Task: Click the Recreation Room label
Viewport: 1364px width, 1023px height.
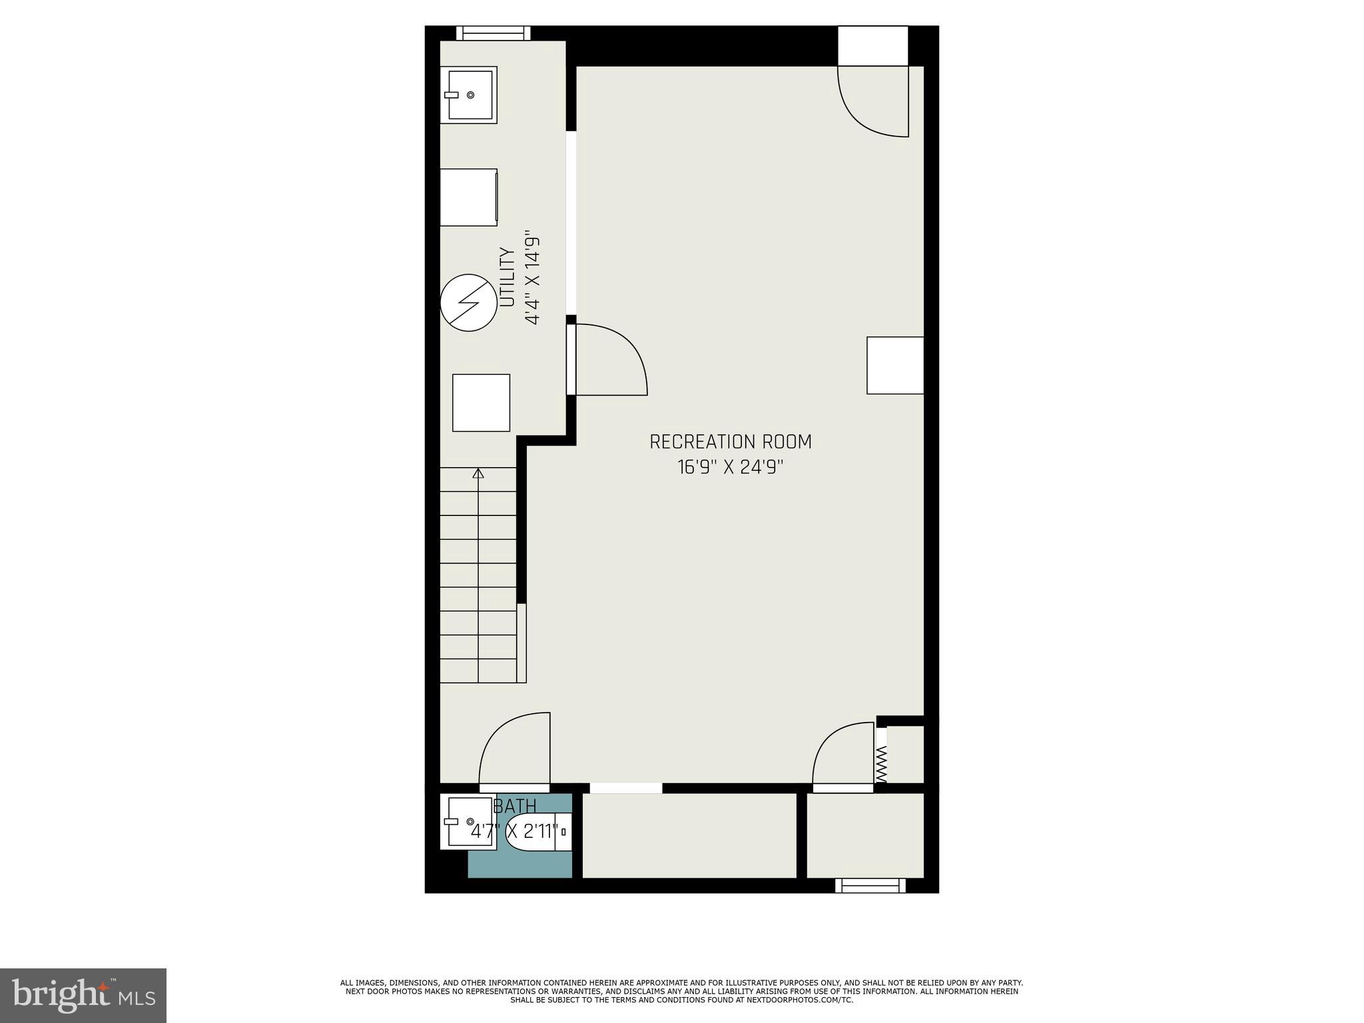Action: [730, 442]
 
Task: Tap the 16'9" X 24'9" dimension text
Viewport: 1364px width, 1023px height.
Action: [730, 468]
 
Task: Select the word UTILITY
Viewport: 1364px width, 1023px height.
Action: [508, 278]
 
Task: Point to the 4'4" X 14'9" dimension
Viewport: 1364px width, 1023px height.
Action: [531, 278]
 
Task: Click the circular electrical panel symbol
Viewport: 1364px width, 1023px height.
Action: [469, 303]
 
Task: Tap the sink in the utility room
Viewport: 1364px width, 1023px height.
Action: [469, 95]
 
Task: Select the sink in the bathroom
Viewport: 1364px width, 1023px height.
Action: [468, 823]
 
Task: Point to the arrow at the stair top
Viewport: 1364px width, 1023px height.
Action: [478, 474]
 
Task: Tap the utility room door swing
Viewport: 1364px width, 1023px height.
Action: [609, 360]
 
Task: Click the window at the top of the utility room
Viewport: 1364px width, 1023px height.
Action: [493, 33]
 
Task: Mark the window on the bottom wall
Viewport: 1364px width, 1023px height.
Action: [870, 885]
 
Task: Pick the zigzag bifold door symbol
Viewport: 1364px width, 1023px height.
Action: [881, 764]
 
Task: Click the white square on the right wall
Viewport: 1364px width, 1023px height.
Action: [895, 365]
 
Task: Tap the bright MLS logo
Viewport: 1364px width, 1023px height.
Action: [83, 995]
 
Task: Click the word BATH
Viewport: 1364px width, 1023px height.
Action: [515, 807]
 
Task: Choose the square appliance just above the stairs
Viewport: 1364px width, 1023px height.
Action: [481, 402]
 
